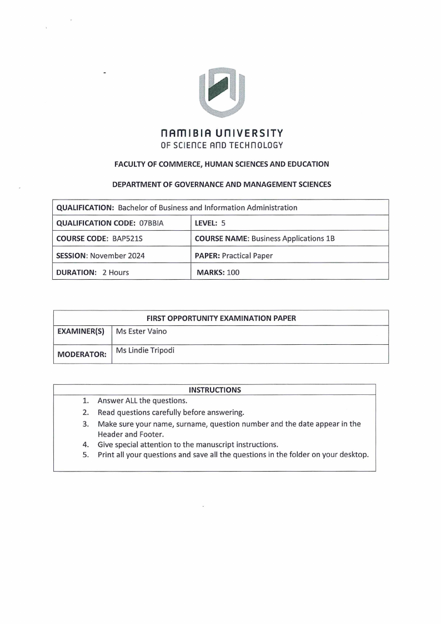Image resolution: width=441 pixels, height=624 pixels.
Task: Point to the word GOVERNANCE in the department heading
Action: [x=191, y=185]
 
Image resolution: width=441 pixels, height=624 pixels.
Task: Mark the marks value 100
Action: [x=233, y=273]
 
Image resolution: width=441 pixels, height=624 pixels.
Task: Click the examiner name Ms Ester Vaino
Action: [x=141, y=332]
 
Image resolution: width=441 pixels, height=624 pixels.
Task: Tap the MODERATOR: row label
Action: [x=82, y=354]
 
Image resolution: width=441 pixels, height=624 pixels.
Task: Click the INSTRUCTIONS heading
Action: [x=214, y=390]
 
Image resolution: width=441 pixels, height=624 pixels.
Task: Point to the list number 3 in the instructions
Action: [x=86, y=424]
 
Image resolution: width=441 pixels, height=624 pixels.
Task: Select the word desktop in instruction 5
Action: [x=352, y=455]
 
